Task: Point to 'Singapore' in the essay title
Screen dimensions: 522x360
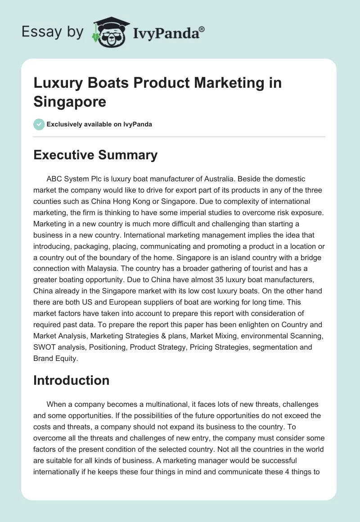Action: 70,101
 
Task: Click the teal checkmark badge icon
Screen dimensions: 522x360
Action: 39,124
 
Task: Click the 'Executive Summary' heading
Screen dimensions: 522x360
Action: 95,155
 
